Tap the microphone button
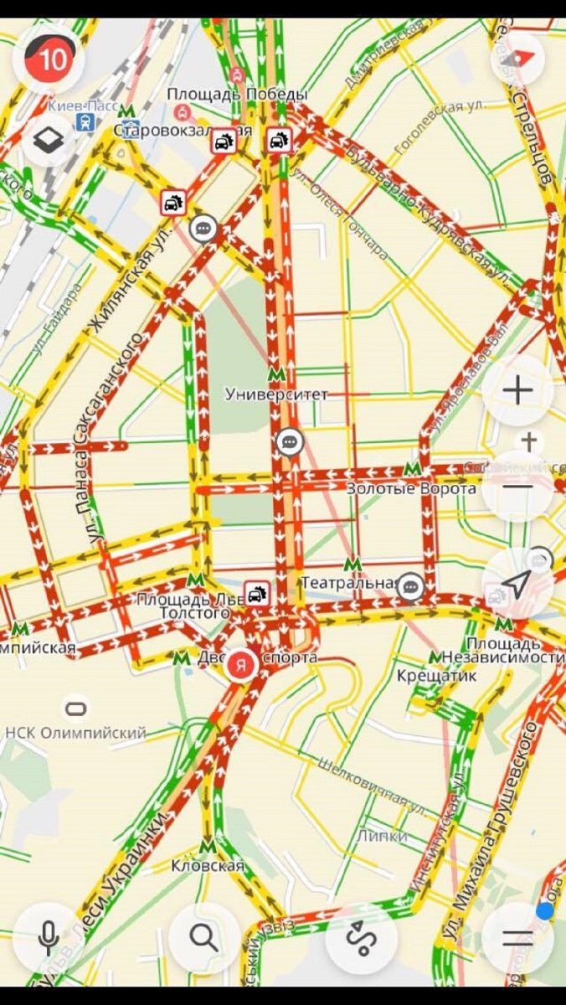pos(49,937)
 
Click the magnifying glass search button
pos(203,937)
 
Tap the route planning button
pos(361,937)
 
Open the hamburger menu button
pos(517,937)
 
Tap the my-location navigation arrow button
pos(517,584)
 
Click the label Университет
pos(276,394)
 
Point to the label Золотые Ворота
pos(411,488)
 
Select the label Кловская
pos(208,866)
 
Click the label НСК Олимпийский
pos(75,733)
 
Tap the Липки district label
pos(382,836)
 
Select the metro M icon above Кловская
pos(208,846)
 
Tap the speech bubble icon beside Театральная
pos(409,586)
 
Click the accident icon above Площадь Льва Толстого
pos(257,595)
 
